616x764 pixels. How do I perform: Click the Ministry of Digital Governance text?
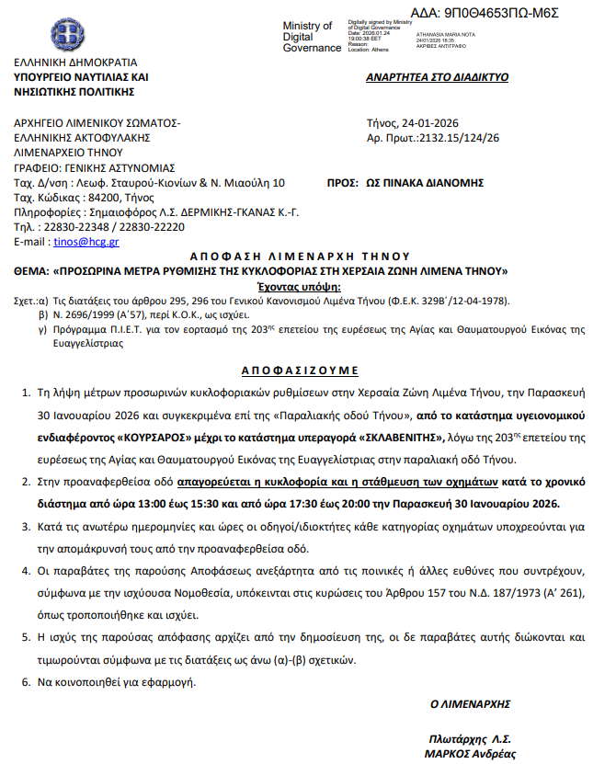tap(309, 37)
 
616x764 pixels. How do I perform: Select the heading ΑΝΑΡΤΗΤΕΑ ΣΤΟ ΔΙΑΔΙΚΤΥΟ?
tap(437, 77)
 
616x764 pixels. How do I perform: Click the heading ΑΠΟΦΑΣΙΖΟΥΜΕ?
tap(301, 370)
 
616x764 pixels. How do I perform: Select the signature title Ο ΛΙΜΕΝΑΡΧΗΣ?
tap(470, 703)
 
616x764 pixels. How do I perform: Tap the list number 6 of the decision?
tap(24, 682)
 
